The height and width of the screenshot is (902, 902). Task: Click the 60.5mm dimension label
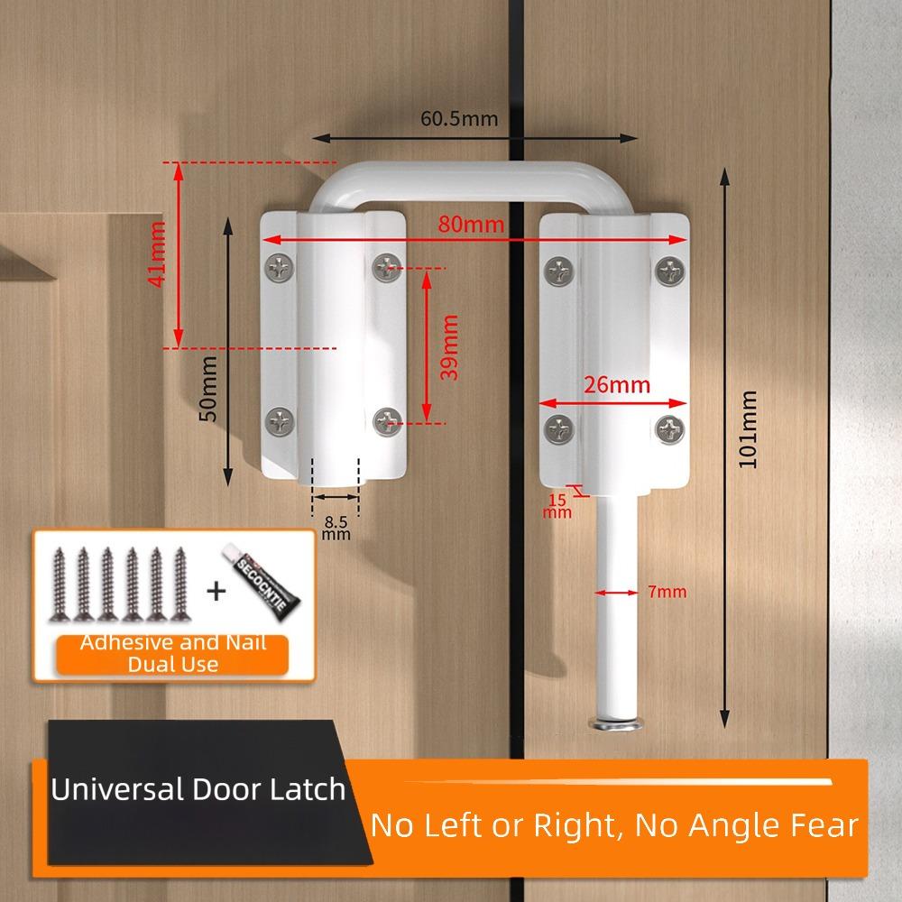point(459,117)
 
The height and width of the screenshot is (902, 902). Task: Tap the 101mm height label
point(747,428)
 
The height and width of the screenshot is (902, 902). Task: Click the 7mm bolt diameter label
point(667,593)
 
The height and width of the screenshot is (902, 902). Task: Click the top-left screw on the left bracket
point(280,266)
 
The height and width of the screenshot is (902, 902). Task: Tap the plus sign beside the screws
point(216,592)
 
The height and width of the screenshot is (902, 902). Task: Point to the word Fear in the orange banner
point(816,824)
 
